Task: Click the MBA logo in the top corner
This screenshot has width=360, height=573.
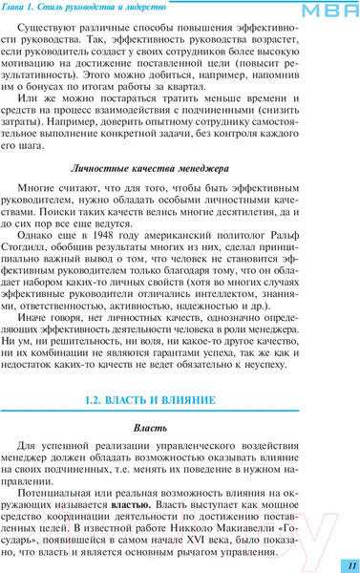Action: (x=328, y=10)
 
